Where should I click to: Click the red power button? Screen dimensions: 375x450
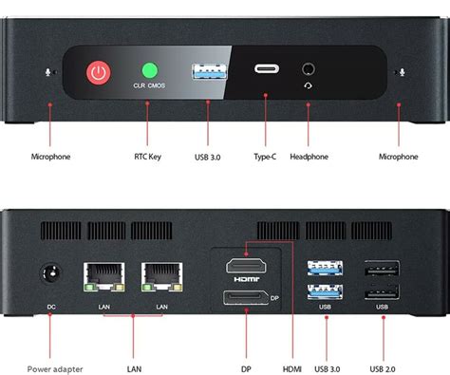click(x=98, y=72)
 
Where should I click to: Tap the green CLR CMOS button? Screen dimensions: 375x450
click(x=149, y=70)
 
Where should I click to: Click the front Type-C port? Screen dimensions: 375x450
click(x=265, y=69)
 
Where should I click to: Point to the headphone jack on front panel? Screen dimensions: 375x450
click(x=309, y=69)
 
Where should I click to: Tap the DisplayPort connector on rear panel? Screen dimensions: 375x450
click(x=248, y=298)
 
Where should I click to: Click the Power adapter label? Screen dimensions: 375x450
click(x=54, y=368)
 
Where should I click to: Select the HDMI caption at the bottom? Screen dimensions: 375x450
click(x=294, y=368)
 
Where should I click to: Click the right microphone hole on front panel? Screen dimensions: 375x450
click(x=402, y=71)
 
